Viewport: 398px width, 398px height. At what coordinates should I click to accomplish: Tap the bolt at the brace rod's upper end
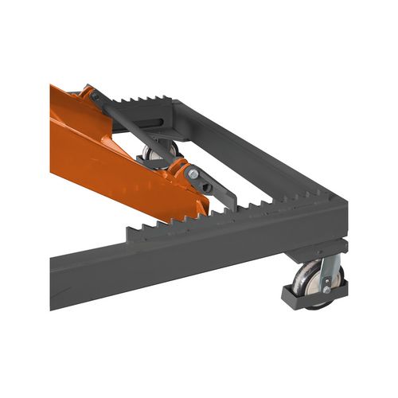[95, 96]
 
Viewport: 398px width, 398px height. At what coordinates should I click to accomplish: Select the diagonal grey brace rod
[135, 127]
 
